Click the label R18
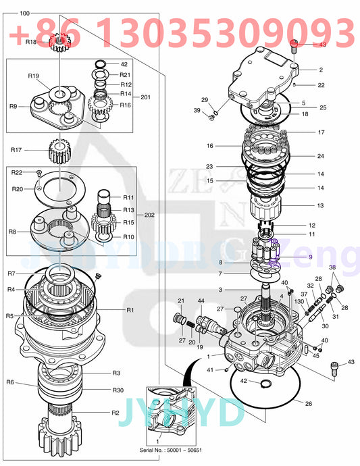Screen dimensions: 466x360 (31, 42)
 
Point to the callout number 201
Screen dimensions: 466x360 (145, 97)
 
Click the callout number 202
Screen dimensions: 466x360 (149, 215)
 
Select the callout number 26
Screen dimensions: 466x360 (309, 405)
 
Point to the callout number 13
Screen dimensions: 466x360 (321, 205)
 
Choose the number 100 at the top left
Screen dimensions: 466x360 (24, 14)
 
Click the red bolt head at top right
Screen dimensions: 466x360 (294, 45)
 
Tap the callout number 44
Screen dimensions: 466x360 (201, 301)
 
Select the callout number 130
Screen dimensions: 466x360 (299, 301)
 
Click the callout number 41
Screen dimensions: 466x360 (211, 369)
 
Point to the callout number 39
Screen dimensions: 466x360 (197, 110)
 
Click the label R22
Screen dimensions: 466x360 (17, 173)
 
